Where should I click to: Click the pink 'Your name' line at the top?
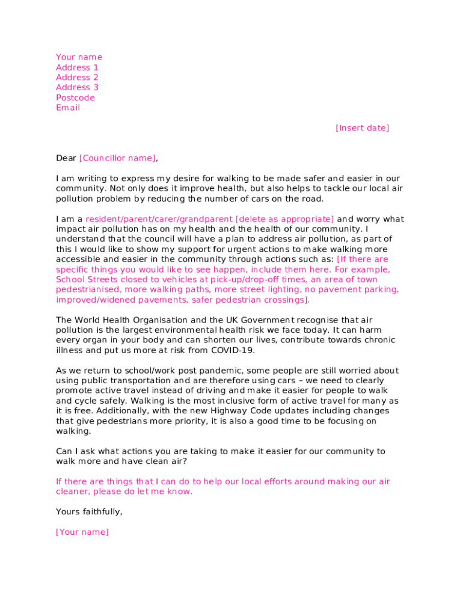click(79, 57)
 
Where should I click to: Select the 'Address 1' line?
click(77, 67)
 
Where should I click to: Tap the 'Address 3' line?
click(77, 87)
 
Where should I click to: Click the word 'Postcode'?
click(75, 97)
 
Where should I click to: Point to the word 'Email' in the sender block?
click(68, 108)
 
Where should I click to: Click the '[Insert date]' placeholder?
click(362, 128)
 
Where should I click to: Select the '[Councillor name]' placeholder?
click(117, 158)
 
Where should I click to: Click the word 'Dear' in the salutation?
click(66, 158)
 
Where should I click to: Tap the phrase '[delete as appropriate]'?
click(284, 219)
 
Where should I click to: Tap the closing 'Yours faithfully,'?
click(89, 511)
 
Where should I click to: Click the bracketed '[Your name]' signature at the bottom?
click(82, 532)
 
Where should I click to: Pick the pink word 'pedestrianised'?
click(88, 289)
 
